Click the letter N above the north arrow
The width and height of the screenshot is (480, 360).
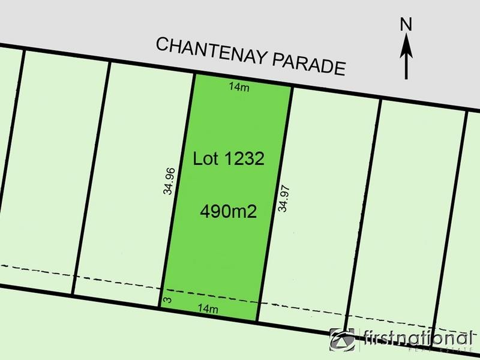407,25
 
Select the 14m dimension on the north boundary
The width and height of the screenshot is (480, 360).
239,87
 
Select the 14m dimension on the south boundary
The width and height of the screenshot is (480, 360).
207,309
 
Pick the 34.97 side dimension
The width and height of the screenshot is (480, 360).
283,198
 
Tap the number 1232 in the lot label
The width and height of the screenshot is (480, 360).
244,160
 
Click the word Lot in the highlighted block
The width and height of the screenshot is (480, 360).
206,159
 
